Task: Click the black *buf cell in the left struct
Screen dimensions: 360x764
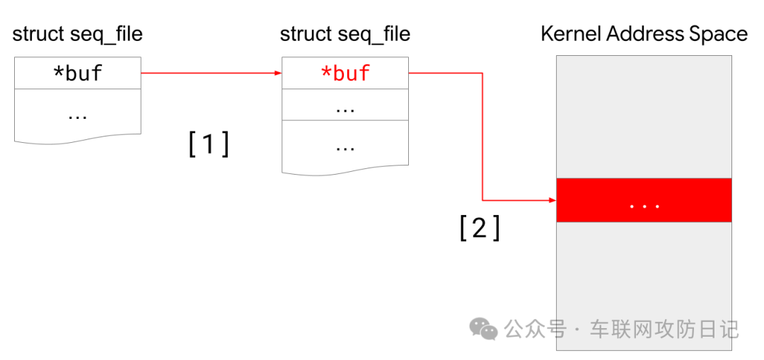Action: tap(77, 73)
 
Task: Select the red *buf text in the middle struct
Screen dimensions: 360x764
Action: tap(345, 73)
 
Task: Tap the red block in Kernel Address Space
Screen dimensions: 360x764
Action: tap(644, 200)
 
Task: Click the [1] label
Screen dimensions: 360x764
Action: tap(209, 144)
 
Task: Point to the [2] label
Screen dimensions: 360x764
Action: tap(480, 228)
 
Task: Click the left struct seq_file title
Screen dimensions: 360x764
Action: tap(77, 33)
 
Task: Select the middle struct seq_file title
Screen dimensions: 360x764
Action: tap(345, 33)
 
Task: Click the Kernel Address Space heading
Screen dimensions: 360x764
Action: tap(644, 33)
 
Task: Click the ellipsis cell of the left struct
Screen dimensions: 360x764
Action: tap(77, 113)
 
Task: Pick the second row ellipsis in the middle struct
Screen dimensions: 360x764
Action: tap(345, 109)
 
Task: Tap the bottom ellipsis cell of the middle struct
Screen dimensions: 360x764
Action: tap(345, 147)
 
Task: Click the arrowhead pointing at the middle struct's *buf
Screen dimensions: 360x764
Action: tap(277, 73)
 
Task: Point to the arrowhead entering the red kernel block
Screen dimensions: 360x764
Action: tap(552, 200)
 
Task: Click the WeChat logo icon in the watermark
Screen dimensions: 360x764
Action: tap(485, 328)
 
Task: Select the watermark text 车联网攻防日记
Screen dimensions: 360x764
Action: tap(664, 329)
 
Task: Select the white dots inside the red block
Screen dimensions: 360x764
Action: tap(644, 206)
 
